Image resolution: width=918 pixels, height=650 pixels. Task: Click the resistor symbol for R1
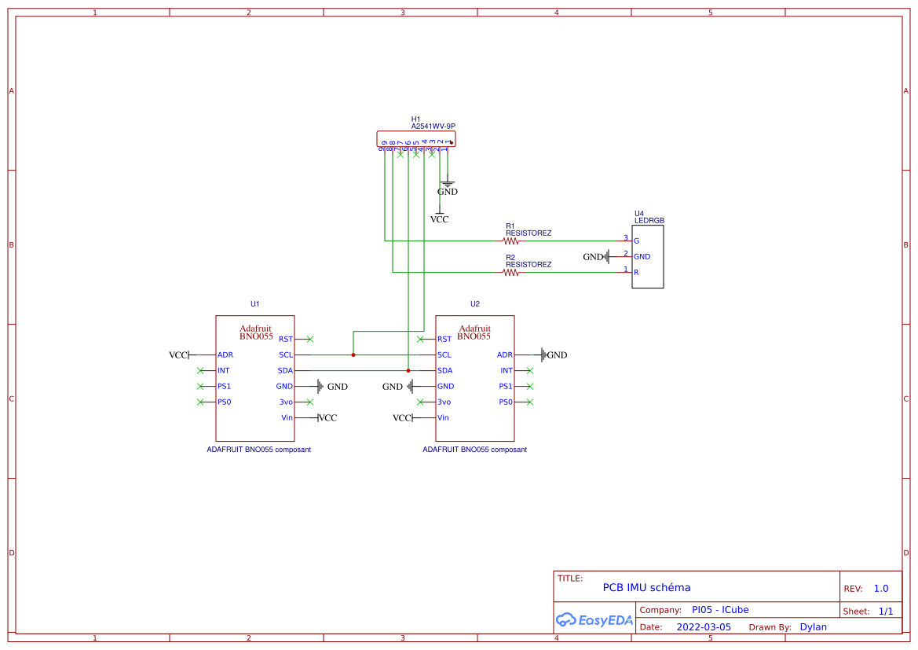(510, 241)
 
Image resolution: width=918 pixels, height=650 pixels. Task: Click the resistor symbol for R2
(510, 273)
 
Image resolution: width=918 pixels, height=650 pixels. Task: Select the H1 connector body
(416, 139)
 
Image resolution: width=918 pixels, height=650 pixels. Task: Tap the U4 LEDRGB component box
(648, 257)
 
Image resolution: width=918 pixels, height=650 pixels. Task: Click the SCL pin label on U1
(286, 355)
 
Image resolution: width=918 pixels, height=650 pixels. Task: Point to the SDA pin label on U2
(444, 371)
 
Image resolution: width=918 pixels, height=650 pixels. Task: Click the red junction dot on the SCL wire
(353, 355)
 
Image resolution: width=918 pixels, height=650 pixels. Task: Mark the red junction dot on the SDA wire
(408, 371)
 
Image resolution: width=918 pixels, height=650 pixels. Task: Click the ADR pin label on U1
(225, 355)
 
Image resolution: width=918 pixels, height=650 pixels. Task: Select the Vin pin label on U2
(443, 418)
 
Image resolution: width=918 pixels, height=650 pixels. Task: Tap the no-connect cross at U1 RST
(310, 340)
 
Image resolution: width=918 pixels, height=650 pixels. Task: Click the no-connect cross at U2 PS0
(530, 402)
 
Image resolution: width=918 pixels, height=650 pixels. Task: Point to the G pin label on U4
(636, 241)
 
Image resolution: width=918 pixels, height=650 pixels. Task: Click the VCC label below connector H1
(440, 219)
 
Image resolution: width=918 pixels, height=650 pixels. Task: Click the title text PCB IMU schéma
(646, 588)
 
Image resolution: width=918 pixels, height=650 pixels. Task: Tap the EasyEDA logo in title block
(594, 620)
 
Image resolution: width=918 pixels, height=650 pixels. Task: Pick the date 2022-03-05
(704, 627)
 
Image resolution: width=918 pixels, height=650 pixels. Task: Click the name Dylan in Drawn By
(813, 627)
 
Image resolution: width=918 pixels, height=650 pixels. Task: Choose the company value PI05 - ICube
(719, 610)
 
